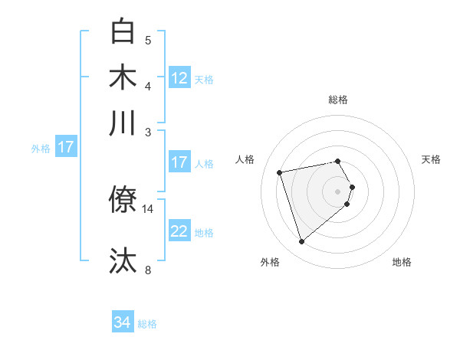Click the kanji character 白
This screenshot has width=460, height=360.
[x=123, y=32]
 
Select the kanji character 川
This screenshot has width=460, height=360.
[x=123, y=123]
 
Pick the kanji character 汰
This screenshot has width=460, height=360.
[x=123, y=260]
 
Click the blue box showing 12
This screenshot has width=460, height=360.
[x=179, y=78]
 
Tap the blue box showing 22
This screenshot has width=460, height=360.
[x=179, y=231]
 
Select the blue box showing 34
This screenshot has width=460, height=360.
[x=123, y=322]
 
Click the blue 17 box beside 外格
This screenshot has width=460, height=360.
[x=65, y=147]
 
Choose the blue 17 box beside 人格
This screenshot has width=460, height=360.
[x=179, y=162]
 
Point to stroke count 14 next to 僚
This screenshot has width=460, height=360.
[x=148, y=208]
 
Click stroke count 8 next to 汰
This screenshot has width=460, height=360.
[x=148, y=270]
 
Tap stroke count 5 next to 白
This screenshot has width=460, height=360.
[x=148, y=40]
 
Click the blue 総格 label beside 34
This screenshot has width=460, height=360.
[x=147, y=324]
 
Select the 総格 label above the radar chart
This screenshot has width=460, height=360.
[x=337, y=100]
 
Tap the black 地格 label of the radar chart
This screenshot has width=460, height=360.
[x=402, y=262]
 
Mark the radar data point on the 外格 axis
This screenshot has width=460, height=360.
[x=301, y=241]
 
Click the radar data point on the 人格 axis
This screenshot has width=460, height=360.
[x=280, y=172]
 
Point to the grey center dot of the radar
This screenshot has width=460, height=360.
[x=337, y=190]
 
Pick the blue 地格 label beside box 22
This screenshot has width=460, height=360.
[x=204, y=233]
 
